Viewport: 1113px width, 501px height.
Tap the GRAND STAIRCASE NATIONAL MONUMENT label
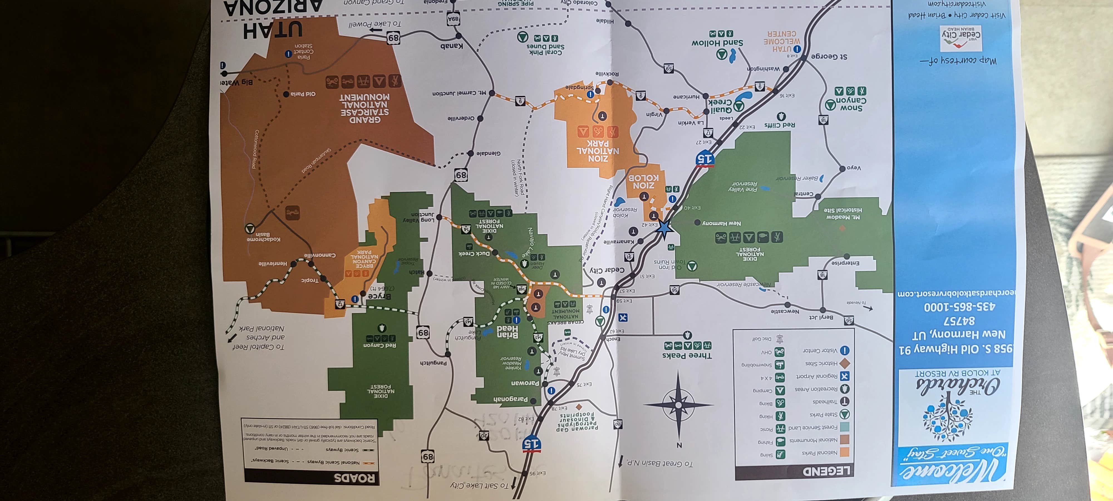coord(365,108)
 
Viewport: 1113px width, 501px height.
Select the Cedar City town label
coord(607,270)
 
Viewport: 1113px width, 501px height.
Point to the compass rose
coord(678,405)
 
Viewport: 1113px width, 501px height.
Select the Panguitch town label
coord(433,363)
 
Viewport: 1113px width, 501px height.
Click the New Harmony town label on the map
coord(721,223)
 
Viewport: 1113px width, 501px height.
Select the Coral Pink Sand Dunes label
coord(545,49)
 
